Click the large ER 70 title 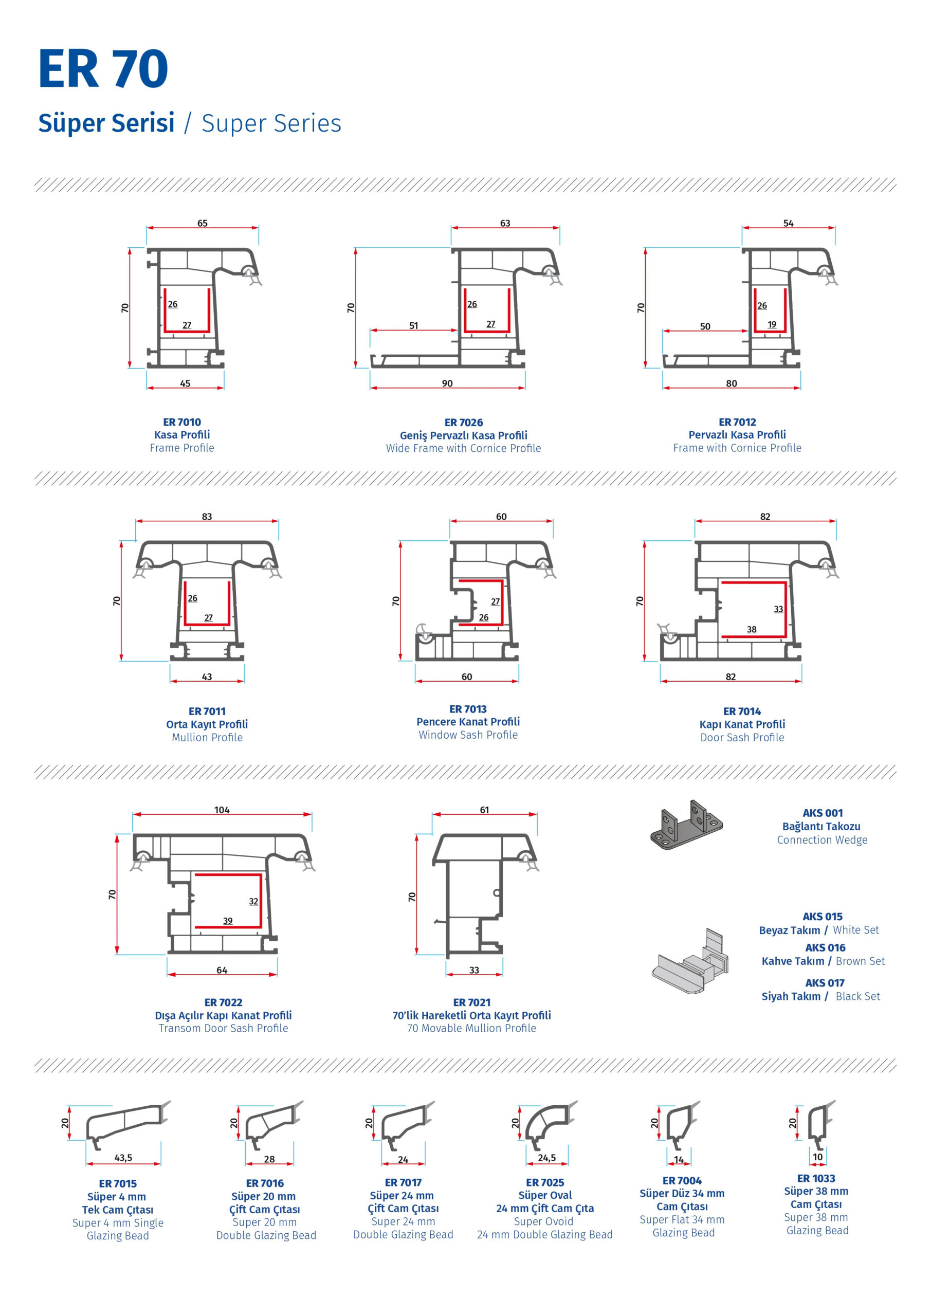tap(103, 69)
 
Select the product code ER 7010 tap(182, 423)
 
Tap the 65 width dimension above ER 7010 tap(203, 223)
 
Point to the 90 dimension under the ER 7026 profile tap(447, 383)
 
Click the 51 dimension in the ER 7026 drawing tap(413, 325)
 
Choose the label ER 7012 tap(737, 423)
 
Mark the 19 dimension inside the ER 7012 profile tap(772, 324)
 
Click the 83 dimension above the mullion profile tap(207, 517)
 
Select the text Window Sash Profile tap(468, 735)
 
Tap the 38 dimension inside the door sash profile tap(752, 629)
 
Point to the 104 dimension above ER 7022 tap(222, 810)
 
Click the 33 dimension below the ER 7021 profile tap(474, 971)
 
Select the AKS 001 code tap(823, 813)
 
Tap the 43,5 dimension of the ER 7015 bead tap(123, 1157)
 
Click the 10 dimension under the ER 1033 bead tap(817, 1157)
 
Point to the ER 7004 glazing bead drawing tap(682, 1126)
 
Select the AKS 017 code tap(825, 983)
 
